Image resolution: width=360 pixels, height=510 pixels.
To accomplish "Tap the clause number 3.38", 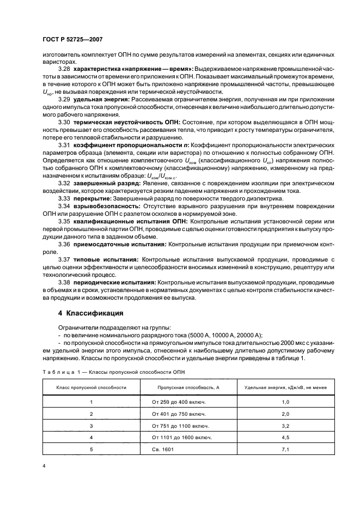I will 64,282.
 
